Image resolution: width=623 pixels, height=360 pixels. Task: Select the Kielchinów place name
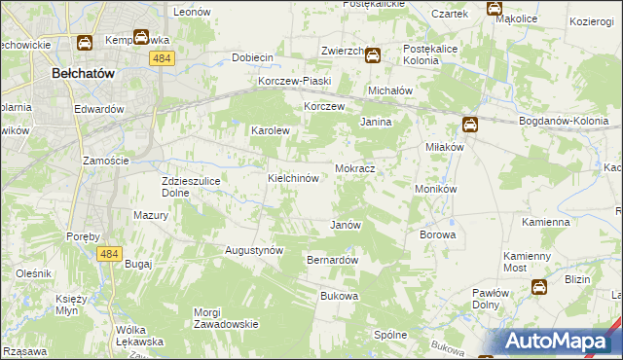pyautogui.click(x=294, y=179)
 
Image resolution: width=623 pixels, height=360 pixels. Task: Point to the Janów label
pyautogui.click(x=347, y=225)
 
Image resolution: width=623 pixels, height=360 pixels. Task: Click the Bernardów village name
pyautogui.click(x=333, y=261)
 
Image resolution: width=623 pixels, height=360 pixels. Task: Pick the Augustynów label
pyautogui.click(x=254, y=250)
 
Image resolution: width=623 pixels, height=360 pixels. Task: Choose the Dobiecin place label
pyautogui.click(x=253, y=57)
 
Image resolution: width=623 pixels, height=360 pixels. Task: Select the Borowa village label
pyautogui.click(x=437, y=234)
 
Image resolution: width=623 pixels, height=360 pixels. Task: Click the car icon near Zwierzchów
pyautogui.click(x=372, y=55)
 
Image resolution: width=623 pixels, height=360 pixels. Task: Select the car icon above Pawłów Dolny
pyautogui.click(x=538, y=286)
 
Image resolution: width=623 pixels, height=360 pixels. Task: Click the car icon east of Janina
pyautogui.click(x=469, y=124)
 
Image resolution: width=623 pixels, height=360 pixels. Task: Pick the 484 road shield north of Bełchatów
pyautogui.click(x=163, y=59)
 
